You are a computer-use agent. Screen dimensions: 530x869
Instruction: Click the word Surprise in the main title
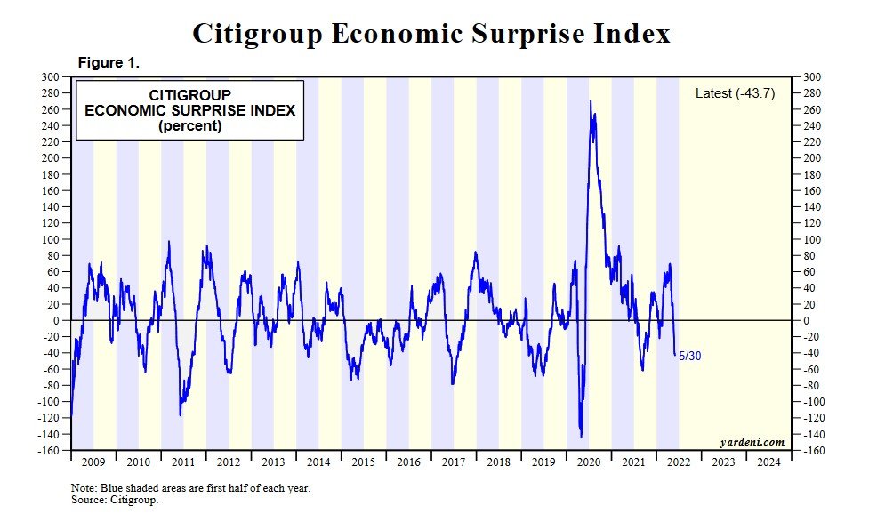519,34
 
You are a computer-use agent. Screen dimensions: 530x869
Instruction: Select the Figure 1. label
109,63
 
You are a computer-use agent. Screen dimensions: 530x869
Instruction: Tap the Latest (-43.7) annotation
735,93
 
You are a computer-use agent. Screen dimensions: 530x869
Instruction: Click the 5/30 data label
689,356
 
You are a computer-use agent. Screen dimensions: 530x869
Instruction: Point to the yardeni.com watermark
752,442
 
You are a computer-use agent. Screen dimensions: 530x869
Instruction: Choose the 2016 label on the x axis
409,462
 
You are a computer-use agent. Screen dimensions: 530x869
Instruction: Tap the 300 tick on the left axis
53,76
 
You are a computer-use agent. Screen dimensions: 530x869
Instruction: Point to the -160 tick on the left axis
51,451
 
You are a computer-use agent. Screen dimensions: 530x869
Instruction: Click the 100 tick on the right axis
813,239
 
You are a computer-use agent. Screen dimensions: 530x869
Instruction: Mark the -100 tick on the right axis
815,402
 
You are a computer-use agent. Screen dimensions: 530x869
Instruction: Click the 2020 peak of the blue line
591,100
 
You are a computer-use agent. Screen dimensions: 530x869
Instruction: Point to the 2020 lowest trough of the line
581,437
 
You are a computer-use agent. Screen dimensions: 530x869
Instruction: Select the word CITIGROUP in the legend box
189,95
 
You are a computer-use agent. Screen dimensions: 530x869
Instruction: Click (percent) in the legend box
189,126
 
